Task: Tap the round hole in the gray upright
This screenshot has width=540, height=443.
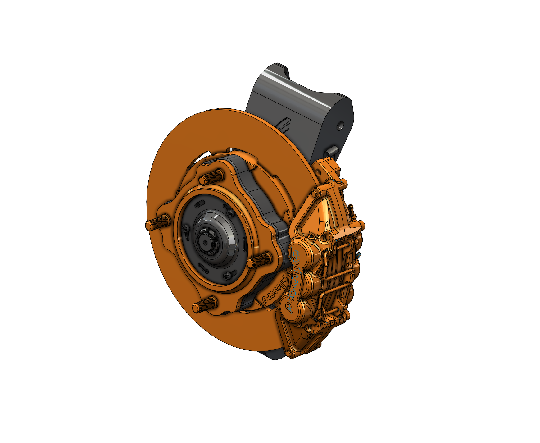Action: tap(341, 126)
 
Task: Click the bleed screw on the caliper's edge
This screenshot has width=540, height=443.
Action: tap(351, 208)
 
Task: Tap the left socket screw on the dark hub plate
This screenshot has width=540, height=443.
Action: tap(186, 229)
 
